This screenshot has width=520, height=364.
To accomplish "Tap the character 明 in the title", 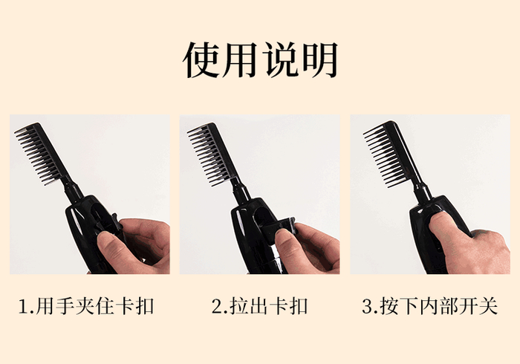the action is tap(320, 59).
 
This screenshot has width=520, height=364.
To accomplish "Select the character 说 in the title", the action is tap(281, 59).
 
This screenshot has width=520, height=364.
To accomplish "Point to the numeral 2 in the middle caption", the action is tap(217, 306).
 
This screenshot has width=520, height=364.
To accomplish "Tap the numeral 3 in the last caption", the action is tap(368, 306).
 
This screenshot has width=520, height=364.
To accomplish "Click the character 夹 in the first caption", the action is tap(85, 305).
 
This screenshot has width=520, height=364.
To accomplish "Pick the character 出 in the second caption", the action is tap(260, 305).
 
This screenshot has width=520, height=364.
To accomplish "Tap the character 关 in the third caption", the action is tap(488, 305).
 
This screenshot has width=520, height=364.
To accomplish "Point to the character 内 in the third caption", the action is tap(429, 305).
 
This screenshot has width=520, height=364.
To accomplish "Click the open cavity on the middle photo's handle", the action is tap(261, 216).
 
